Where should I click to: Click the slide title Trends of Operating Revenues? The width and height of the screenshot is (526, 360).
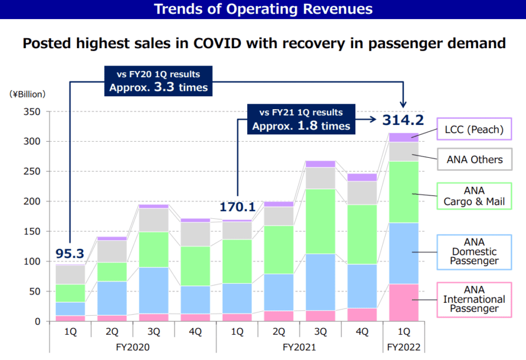tap(262, 9)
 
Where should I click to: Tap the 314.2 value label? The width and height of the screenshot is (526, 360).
tap(403, 120)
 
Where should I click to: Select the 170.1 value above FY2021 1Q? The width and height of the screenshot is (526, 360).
tap(237, 207)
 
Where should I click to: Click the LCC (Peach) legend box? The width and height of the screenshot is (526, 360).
tap(474, 129)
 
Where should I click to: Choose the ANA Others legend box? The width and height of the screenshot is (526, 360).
tap(474, 160)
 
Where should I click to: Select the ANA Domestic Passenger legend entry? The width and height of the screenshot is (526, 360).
tap(474, 252)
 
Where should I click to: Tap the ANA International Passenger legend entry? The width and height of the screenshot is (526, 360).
tap(474, 299)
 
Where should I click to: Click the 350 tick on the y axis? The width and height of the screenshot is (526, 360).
tap(33, 111)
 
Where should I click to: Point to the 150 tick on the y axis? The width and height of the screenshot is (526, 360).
tap(33, 231)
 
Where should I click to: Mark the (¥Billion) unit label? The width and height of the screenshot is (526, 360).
tap(27, 94)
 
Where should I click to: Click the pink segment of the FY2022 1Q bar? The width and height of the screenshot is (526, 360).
tap(403, 302)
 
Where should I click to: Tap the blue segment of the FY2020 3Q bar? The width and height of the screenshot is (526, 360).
tap(154, 291)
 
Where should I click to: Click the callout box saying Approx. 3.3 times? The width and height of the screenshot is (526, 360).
tap(158, 81)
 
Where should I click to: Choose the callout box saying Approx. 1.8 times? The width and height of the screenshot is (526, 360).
tap(301, 119)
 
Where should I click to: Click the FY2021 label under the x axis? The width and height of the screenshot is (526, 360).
tap(300, 347)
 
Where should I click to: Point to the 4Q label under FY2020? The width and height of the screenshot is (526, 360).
tap(195, 331)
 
